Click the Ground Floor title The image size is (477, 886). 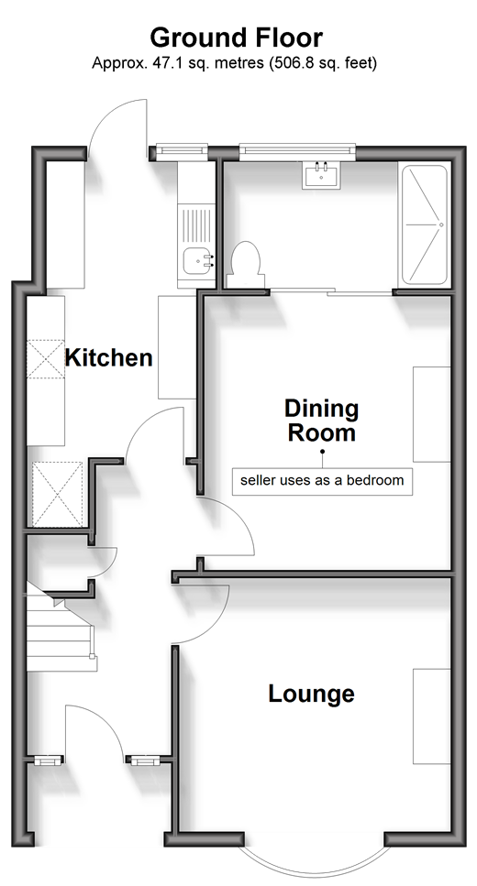coord(236,38)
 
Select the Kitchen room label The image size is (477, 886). coord(108,357)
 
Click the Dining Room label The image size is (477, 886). coord(321,421)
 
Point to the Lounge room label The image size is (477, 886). coord(311,694)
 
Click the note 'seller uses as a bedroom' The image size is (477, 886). coord(322,481)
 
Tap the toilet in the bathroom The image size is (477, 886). coord(244,265)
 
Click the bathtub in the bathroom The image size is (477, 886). coord(424,224)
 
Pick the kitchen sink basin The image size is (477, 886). coord(198,260)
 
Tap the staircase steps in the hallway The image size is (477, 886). coord(61,628)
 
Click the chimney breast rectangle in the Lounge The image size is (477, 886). coord(432,716)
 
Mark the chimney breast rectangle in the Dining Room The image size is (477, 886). coord(432,414)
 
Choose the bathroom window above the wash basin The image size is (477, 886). coord(297,149)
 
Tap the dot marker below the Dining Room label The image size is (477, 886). coord(323,452)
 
